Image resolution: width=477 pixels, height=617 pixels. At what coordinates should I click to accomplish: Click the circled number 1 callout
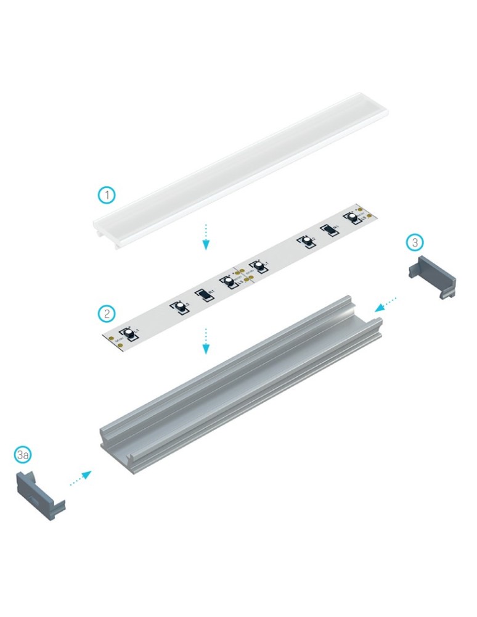tap(107, 196)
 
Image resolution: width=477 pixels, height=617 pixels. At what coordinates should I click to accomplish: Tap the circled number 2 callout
tap(107, 313)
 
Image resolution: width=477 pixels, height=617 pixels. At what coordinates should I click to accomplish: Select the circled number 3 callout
tap(415, 242)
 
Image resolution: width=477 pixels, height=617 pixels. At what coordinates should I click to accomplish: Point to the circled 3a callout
tap(23, 455)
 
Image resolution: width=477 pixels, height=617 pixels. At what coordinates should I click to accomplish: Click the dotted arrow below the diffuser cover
tap(207, 238)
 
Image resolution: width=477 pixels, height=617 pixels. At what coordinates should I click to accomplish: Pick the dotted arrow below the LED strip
tap(207, 341)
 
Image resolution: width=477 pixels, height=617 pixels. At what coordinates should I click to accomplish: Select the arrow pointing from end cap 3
tap(386, 302)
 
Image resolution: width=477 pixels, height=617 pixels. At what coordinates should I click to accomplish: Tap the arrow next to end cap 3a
tap(81, 478)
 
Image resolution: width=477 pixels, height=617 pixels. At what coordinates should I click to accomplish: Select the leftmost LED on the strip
tap(130, 334)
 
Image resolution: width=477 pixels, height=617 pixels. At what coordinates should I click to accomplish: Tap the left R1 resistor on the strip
tap(202, 296)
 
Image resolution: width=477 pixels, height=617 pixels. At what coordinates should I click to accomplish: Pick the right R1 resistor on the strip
tap(331, 231)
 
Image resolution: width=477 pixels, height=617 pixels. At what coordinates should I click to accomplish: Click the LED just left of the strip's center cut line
tap(229, 281)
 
